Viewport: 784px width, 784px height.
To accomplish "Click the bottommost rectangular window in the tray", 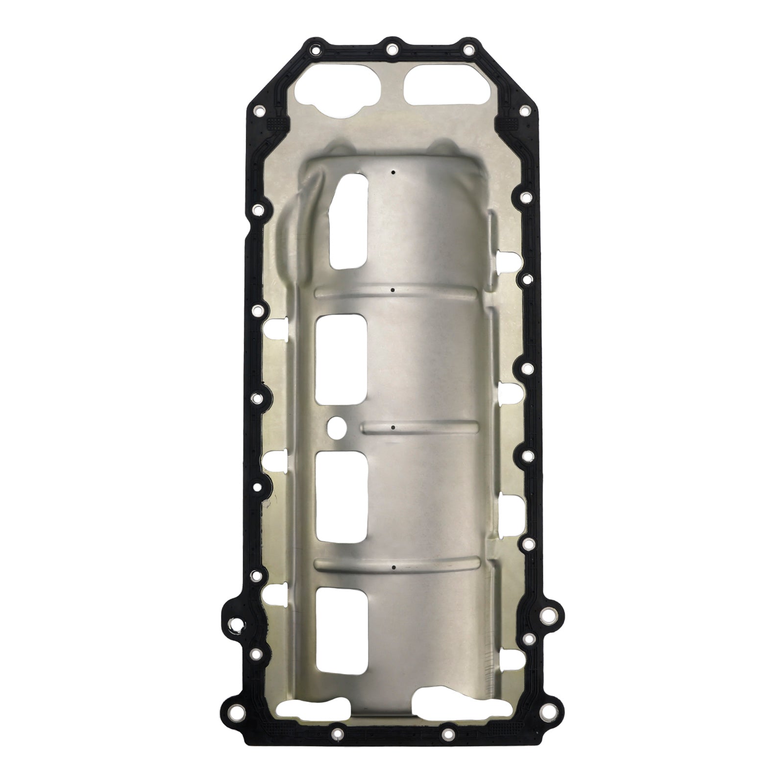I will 342,629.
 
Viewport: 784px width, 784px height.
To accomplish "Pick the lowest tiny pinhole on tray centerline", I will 393,567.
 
